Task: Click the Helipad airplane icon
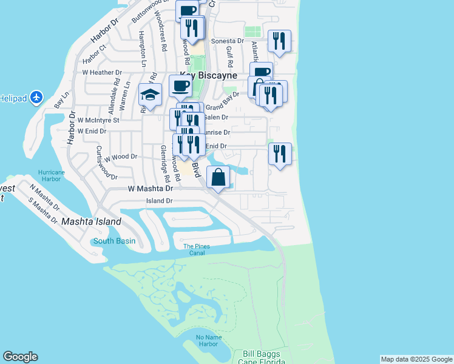click(36, 97)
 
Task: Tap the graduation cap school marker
click(150, 95)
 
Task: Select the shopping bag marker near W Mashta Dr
click(219, 177)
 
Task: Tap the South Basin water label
click(114, 241)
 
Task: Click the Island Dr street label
click(160, 200)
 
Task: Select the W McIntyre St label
click(98, 120)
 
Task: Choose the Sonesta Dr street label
click(227, 41)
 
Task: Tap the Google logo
click(20, 357)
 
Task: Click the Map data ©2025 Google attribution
click(416, 359)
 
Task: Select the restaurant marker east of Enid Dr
click(279, 153)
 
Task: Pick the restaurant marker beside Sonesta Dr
click(279, 41)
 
